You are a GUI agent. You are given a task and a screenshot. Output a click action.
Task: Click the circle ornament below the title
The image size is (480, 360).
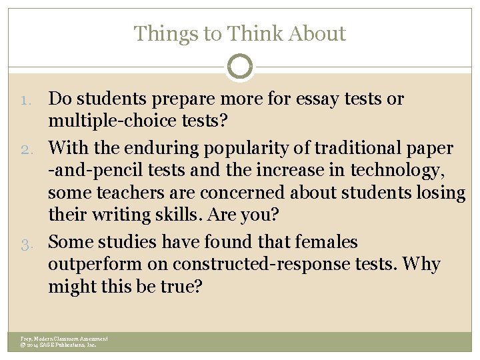pyautogui.click(x=240, y=67)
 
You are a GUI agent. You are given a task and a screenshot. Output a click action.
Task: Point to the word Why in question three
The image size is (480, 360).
pyautogui.click(x=422, y=265)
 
